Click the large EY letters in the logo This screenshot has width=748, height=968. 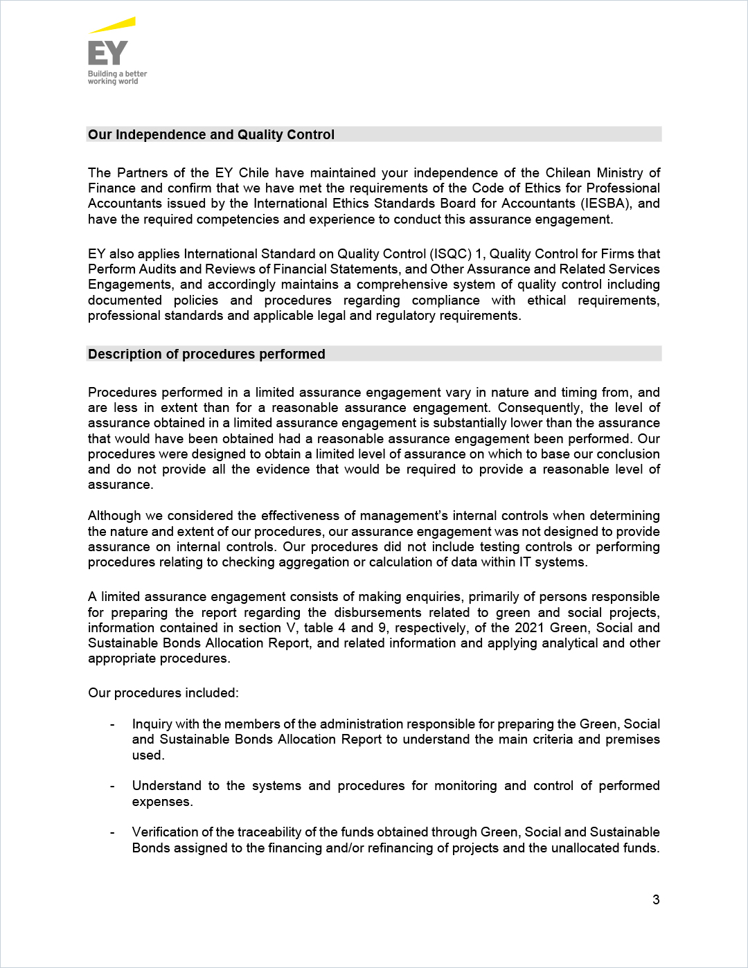click(x=108, y=53)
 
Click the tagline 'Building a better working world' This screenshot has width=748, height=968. click(x=117, y=78)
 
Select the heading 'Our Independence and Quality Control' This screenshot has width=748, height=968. click(x=211, y=134)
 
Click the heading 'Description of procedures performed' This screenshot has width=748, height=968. click(x=206, y=354)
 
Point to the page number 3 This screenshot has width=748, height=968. click(x=656, y=899)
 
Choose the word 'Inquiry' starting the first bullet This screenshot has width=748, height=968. click(x=152, y=724)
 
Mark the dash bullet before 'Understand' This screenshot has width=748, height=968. click(x=112, y=786)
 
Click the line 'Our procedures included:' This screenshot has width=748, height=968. click(x=163, y=692)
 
